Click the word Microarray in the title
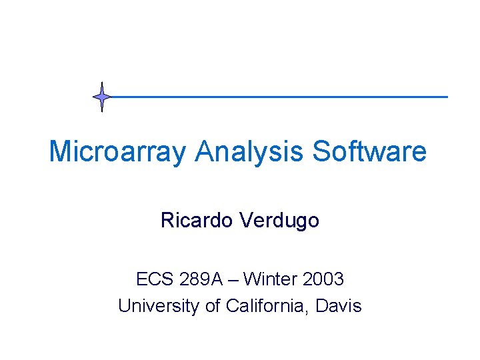pyautogui.click(x=118, y=151)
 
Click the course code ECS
pyautogui.click(x=153, y=279)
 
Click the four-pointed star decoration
pyautogui.click(x=102, y=97)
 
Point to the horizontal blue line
pyautogui.click(x=280, y=97)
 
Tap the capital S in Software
pyautogui.click(x=321, y=151)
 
